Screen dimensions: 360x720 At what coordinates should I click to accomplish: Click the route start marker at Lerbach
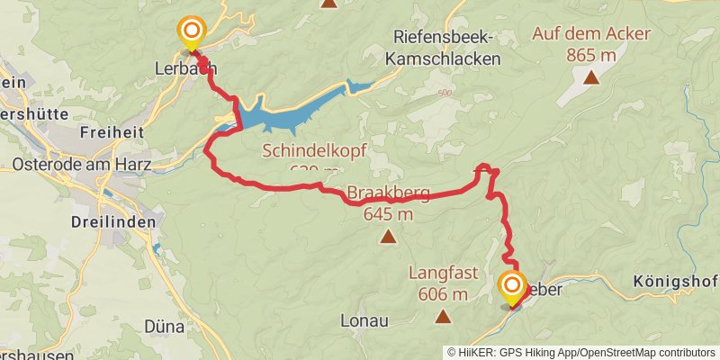coord(191,33)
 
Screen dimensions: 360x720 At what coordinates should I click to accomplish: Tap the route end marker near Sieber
coord(512,288)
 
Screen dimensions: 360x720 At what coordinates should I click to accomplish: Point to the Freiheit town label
coord(112,131)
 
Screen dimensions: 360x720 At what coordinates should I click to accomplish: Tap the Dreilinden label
coord(113,221)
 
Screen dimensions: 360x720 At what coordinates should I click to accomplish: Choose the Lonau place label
coord(364,319)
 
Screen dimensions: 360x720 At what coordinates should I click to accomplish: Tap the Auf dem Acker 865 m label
coord(591,44)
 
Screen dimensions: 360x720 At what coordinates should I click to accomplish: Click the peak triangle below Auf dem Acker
coord(591,77)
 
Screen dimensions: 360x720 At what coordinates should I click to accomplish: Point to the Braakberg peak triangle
coord(388,237)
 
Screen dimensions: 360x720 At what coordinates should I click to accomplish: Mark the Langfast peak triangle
coord(443,316)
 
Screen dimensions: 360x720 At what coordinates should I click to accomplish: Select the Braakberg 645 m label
coord(388,203)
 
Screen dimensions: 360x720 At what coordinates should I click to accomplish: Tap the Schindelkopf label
coord(314,151)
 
